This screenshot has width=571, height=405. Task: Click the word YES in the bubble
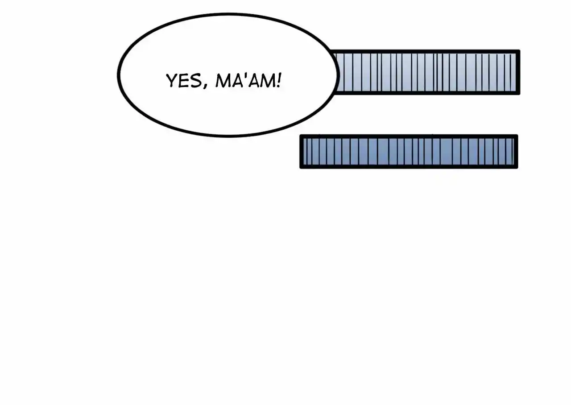pos(183,81)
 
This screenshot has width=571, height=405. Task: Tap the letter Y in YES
pos(172,81)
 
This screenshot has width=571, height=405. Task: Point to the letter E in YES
pos(184,81)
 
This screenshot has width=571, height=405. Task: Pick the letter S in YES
pos(196,81)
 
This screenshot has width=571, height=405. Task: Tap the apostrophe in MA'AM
pos(245,76)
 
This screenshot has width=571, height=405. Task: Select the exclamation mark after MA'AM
pos(279,80)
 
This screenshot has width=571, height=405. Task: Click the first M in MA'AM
pos(223,81)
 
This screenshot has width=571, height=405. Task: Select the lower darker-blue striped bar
pos(409,151)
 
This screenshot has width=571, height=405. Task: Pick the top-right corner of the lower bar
pos(518,135)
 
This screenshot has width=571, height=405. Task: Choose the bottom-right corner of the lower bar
pos(518,169)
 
